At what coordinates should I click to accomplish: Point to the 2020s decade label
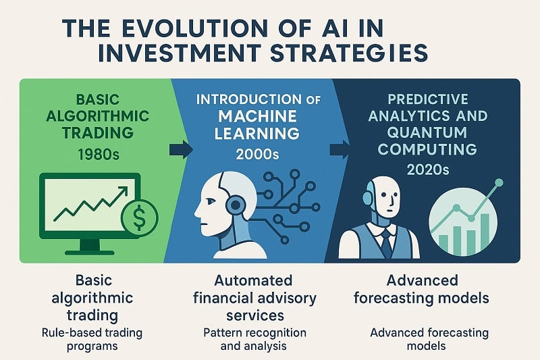[x=427, y=170]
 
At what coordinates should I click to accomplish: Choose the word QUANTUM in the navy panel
[x=427, y=132]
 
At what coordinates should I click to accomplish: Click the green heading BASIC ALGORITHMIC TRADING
[x=95, y=116]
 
